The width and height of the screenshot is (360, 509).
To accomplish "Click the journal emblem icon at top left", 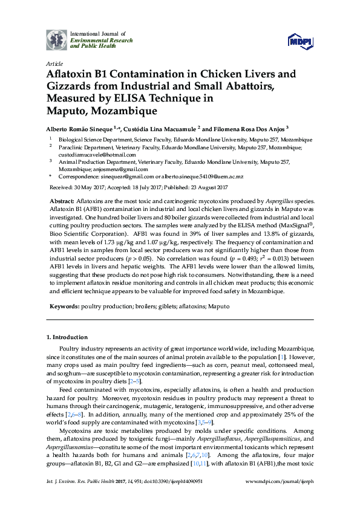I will point(57,39).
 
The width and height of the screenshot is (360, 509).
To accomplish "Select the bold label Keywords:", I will point(64,306).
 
